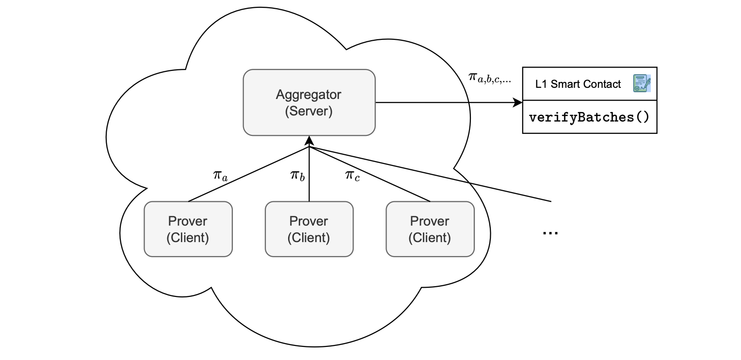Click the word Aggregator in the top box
308,94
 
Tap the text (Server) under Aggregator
308,111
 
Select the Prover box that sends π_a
188,229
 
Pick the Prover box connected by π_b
309,229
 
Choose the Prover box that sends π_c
430,229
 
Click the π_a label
220,175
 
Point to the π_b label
297,175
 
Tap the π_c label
353,175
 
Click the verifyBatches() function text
589,117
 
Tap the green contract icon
642,83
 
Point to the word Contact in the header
602,84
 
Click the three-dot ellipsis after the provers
550,232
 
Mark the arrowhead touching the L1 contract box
518,103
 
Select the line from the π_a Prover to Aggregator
248,174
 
